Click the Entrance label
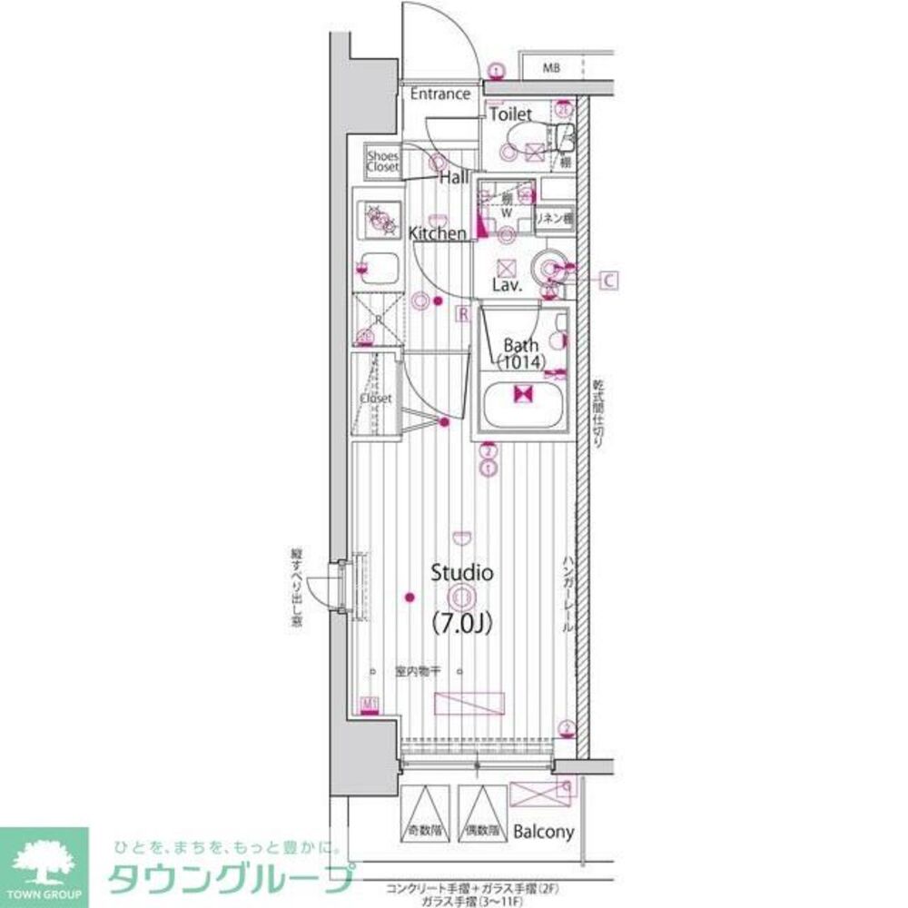click(x=439, y=94)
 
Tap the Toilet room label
click(x=511, y=115)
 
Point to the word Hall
click(x=454, y=178)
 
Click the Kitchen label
click(x=438, y=233)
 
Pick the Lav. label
click(x=506, y=285)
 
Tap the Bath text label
click(x=521, y=345)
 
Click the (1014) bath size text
click(x=521, y=362)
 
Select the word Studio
click(x=461, y=573)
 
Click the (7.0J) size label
click(x=461, y=624)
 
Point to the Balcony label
click(x=543, y=832)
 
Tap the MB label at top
click(x=552, y=68)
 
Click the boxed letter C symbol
click(x=608, y=281)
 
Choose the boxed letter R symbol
click(x=462, y=314)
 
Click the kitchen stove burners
click(x=380, y=218)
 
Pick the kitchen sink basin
click(x=379, y=269)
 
